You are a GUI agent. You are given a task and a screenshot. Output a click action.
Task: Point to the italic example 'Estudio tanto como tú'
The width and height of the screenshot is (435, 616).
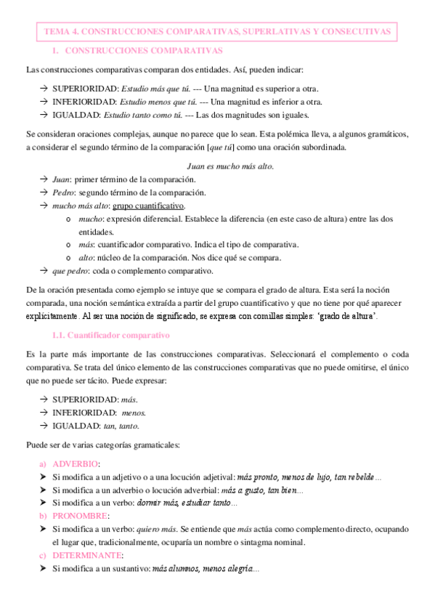pyautogui.click(x=143, y=115)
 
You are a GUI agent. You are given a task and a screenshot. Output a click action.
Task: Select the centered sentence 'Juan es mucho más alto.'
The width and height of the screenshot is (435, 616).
pyautogui.click(x=230, y=166)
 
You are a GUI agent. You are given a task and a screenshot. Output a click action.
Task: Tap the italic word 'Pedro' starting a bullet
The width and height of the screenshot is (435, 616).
pyautogui.click(x=63, y=192)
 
